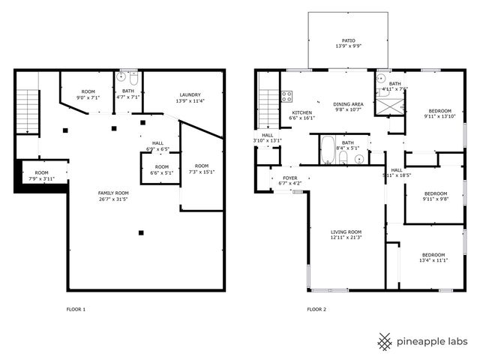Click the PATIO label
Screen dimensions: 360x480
click(349, 41)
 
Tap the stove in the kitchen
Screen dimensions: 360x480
click(286, 95)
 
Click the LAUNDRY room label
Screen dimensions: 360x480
click(189, 94)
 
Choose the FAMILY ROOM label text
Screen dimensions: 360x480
click(112, 193)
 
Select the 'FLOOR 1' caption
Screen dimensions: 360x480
click(76, 309)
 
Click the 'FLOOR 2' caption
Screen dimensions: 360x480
click(316, 309)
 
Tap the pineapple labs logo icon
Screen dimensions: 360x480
click(385, 342)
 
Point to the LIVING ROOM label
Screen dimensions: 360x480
click(346, 232)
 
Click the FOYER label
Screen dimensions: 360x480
click(289, 178)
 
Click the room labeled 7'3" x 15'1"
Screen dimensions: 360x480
click(200, 170)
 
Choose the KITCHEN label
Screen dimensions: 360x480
click(301, 112)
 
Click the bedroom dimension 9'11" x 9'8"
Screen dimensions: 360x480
click(435, 199)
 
